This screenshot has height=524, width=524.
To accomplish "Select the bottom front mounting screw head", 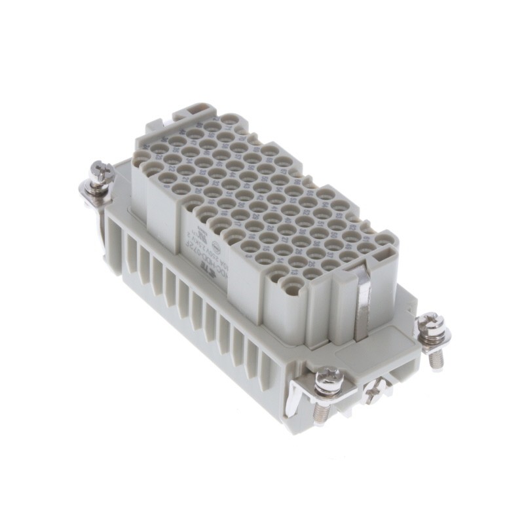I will (328, 379).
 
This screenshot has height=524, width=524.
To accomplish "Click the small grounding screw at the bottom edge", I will (375, 393).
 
